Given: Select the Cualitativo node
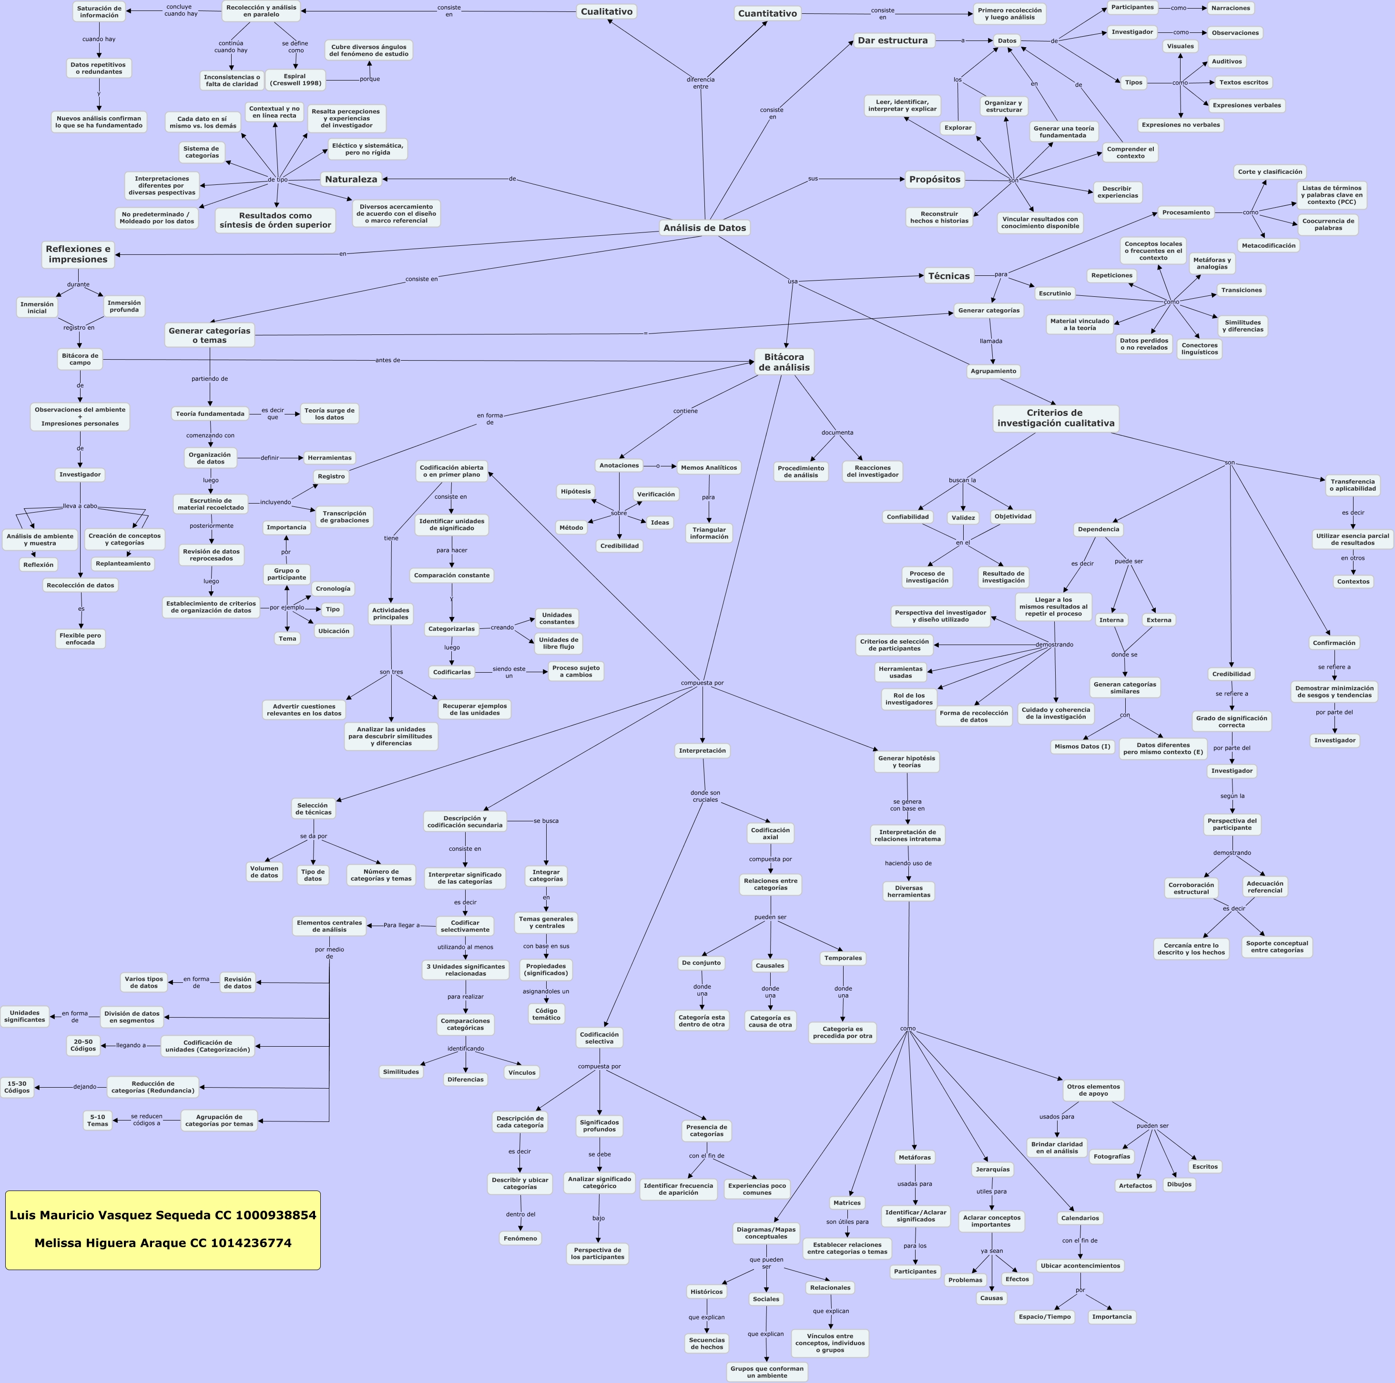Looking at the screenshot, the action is (x=607, y=11).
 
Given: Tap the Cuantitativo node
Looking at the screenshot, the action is (x=767, y=14).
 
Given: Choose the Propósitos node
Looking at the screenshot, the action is (x=935, y=179).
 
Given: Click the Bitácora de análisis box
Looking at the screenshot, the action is (x=784, y=363).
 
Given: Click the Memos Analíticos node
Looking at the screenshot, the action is (x=709, y=468).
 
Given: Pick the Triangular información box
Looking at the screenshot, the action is (x=709, y=533).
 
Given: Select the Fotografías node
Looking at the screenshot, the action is (x=1112, y=1156).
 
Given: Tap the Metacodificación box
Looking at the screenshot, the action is (x=1269, y=245).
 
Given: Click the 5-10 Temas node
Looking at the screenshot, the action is (x=98, y=1120).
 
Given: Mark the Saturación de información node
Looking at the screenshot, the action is (x=99, y=11).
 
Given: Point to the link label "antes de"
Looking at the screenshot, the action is (x=388, y=360).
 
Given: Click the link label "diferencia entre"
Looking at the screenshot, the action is (x=701, y=83).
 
